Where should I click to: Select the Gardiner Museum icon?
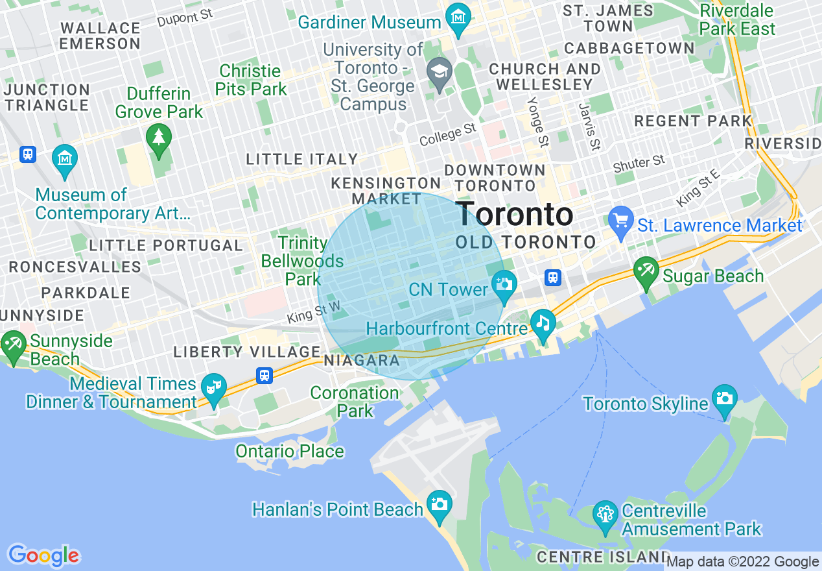tap(458, 15)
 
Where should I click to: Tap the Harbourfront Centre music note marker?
tap(542, 321)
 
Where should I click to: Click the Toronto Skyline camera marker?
tap(723, 396)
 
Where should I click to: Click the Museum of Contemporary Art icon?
tap(65, 158)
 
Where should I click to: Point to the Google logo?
tap(43, 555)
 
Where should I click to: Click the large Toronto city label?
tap(515, 214)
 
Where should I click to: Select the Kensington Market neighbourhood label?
tap(386, 191)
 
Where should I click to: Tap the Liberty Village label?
tap(246, 352)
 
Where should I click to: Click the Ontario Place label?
tap(289, 451)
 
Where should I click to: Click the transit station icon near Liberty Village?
tap(264, 376)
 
